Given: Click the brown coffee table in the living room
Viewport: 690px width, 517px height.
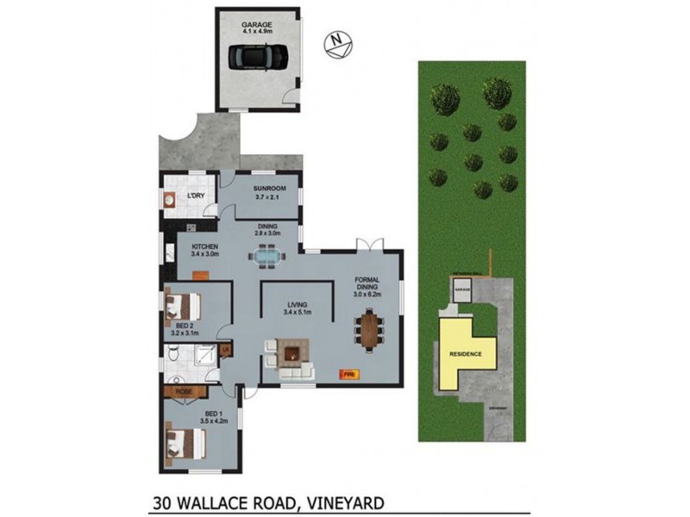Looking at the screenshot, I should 291,352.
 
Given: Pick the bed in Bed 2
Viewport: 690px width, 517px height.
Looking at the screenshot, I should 182,305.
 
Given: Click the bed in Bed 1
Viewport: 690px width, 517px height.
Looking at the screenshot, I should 185,445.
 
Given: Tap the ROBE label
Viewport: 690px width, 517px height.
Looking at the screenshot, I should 183,392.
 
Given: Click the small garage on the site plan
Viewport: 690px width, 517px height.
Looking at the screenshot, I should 463,293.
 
